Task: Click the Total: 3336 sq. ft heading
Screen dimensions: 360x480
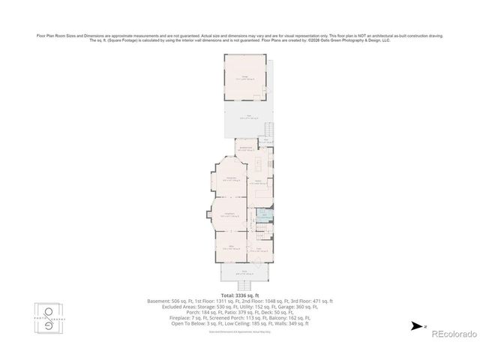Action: (x=241, y=295)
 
